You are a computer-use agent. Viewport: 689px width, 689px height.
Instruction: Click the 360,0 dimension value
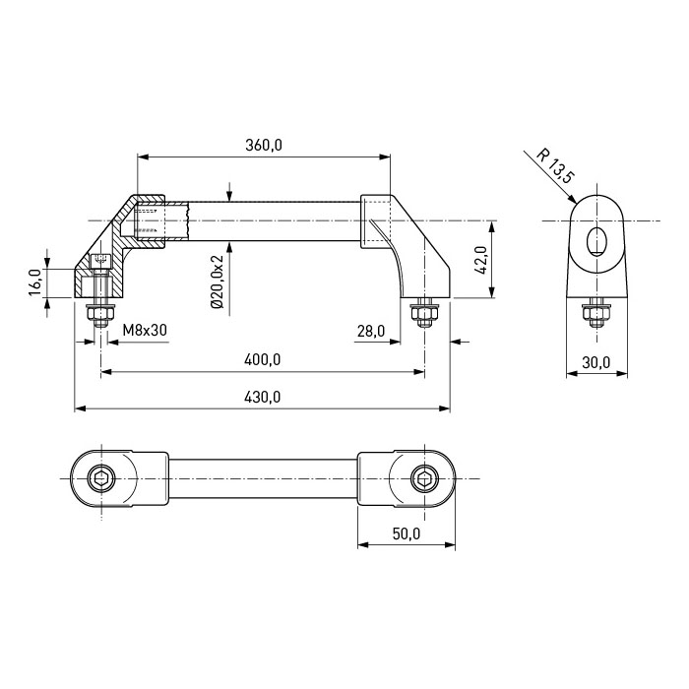click(263, 145)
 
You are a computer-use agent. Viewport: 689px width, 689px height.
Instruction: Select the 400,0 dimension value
click(263, 359)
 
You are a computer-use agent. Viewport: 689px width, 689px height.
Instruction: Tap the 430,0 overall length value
click(263, 397)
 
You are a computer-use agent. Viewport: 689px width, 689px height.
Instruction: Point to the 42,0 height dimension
click(481, 260)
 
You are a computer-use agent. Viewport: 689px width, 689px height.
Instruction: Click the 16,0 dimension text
click(35, 282)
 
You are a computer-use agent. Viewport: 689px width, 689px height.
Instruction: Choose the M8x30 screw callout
click(145, 330)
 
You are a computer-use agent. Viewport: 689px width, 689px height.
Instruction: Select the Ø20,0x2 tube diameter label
click(218, 282)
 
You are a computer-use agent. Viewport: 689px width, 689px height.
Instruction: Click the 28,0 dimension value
click(371, 331)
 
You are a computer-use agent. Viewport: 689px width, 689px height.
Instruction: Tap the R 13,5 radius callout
click(555, 166)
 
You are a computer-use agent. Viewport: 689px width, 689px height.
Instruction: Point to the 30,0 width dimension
click(596, 362)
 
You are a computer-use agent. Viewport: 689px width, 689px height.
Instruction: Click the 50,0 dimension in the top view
click(407, 533)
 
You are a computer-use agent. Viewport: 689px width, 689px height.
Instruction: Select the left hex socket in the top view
click(101, 478)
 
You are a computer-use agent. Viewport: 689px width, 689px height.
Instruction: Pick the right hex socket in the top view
click(424, 478)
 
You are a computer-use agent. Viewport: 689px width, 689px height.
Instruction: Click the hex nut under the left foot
click(101, 314)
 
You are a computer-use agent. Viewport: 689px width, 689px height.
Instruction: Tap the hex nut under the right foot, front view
click(424, 314)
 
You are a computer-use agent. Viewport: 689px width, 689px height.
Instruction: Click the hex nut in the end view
click(596, 313)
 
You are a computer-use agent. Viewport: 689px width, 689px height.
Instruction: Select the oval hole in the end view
click(596, 241)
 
